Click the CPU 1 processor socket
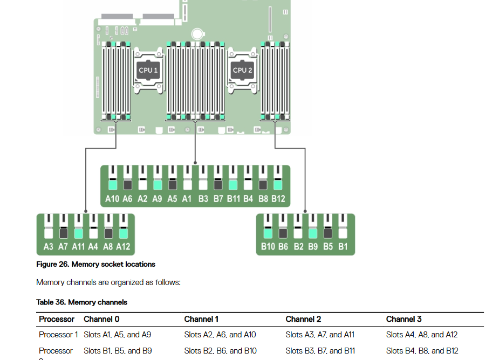[148, 70]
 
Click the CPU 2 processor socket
[242, 70]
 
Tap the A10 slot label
[112, 199]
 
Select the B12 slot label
[278, 199]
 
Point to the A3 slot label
[49, 247]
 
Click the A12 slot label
[123, 247]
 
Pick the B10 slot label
[268, 247]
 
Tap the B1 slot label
[343, 247]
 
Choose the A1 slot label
[187, 199]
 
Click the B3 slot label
[203, 199]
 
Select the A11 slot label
[78, 247]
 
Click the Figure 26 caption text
[95, 265]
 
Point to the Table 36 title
[81, 302]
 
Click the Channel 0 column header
[101, 320]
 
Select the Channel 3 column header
[404, 320]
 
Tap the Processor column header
[57, 320]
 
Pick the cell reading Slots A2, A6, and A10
[220, 335]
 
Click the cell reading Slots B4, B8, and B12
[422, 351]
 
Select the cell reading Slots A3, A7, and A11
[320, 335]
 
